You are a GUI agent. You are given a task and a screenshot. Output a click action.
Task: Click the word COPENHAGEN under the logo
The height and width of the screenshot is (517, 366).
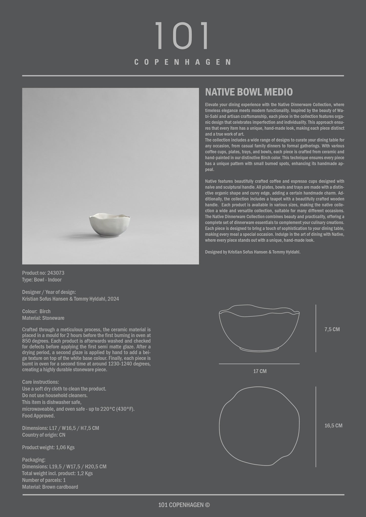tap(182, 62)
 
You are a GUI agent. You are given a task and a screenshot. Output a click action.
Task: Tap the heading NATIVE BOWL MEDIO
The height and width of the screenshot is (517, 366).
tap(249, 92)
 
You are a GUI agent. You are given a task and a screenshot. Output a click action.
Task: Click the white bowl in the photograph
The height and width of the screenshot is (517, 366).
tap(110, 225)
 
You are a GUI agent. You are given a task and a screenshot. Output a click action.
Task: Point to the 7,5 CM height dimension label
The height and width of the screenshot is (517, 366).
tap(332, 329)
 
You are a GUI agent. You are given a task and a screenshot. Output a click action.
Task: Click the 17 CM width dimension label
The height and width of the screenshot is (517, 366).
tap(260, 371)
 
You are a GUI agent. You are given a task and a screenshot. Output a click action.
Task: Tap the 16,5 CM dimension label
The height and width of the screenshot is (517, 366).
tap(333, 426)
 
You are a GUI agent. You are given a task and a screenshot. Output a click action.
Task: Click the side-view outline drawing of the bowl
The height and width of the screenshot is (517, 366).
tap(259, 328)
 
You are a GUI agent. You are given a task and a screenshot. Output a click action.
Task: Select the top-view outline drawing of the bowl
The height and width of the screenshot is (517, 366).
tap(259, 426)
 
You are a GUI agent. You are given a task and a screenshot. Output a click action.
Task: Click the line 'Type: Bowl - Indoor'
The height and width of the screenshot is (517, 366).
tap(42, 280)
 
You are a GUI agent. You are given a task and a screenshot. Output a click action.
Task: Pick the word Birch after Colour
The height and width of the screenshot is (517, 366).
tap(45, 311)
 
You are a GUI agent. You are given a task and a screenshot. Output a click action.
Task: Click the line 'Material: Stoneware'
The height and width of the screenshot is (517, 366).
tap(43, 318)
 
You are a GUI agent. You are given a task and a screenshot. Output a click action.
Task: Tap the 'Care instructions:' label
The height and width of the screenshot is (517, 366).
tap(40, 382)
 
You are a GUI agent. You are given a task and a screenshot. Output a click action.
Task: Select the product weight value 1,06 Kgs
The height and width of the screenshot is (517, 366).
tap(65, 447)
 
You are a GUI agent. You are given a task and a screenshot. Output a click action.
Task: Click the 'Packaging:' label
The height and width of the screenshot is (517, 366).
tap(34, 460)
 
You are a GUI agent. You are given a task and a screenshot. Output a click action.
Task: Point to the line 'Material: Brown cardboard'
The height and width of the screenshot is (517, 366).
tap(50, 487)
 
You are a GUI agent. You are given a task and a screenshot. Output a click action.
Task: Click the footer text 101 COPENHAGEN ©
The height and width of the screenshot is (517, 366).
tap(184, 505)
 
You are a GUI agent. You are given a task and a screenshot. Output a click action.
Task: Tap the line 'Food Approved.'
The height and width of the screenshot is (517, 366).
tap(38, 416)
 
